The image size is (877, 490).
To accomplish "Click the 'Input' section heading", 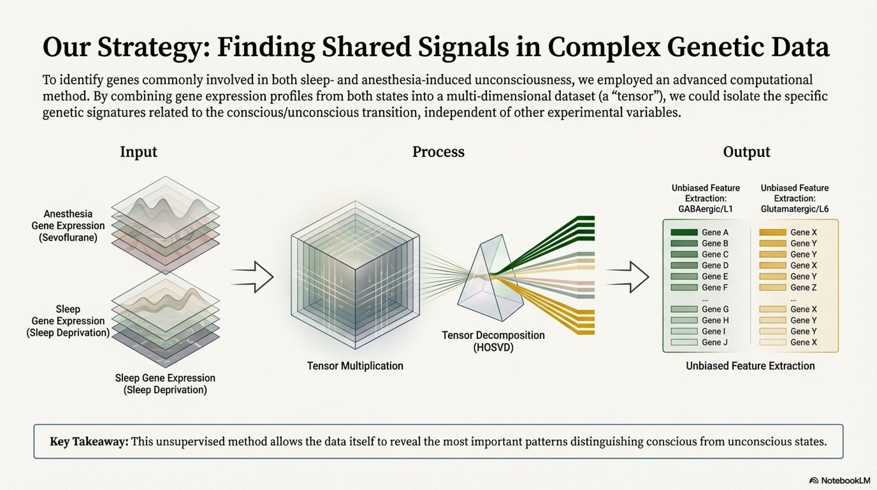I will (138, 152).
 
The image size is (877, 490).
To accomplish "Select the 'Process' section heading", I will (438, 152).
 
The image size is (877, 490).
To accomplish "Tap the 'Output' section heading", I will (746, 152).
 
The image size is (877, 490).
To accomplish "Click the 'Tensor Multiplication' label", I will (355, 366).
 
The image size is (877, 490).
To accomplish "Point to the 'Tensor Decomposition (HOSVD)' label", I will (493, 341).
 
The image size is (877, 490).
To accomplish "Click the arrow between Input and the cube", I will (252, 277).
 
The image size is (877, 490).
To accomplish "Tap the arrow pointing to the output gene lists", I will (628, 277).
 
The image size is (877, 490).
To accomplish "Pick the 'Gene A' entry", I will (715, 232).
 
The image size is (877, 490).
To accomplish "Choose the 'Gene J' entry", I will (715, 342).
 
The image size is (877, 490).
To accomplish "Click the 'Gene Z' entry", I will (803, 288).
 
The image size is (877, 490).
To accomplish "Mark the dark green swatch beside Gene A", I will (684, 232).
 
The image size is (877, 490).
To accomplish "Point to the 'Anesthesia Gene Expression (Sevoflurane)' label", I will (68, 226).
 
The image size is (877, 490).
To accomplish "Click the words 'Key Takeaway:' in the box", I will (89, 442).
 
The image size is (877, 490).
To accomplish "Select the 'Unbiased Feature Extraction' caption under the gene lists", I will (750, 366).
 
